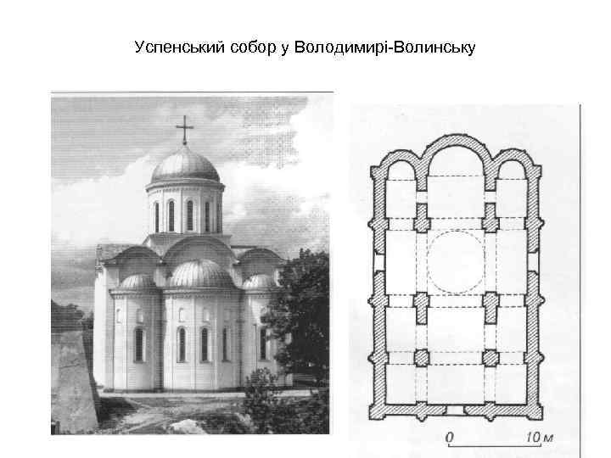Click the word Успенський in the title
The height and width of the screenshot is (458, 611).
(179, 47)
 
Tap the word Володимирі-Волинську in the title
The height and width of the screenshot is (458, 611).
(384, 47)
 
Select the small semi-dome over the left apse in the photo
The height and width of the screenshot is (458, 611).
(138, 282)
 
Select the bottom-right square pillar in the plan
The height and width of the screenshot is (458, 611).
(490, 357)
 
